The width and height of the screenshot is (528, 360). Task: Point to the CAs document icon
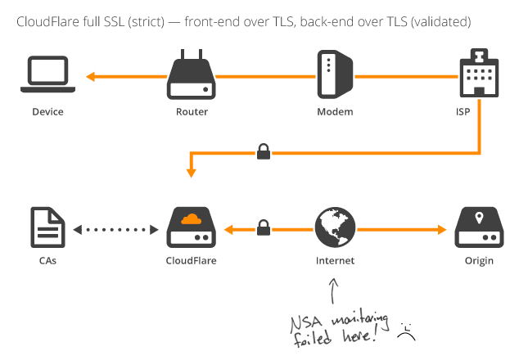pyautogui.click(x=47, y=227)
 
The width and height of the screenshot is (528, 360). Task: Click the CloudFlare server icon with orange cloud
pyautogui.click(x=192, y=227)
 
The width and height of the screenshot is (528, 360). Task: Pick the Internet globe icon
pyautogui.click(x=335, y=227)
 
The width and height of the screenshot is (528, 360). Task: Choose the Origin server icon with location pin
pyautogui.click(x=477, y=227)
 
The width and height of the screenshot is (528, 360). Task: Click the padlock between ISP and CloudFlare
pyautogui.click(x=264, y=151)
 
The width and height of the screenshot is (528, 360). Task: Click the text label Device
pyautogui.click(x=47, y=111)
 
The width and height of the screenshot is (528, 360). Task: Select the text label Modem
pyautogui.click(x=335, y=111)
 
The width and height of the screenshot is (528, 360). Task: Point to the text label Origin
pyautogui.click(x=477, y=262)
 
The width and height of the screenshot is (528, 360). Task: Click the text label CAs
pyautogui.click(x=47, y=262)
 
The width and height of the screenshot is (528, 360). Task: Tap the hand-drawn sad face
pyautogui.click(x=406, y=331)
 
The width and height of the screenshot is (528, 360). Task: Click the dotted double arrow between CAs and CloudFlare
pyautogui.click(x=115, y=230)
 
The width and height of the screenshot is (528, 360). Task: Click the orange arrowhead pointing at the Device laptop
pyautogui.click(x=91, y=77)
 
